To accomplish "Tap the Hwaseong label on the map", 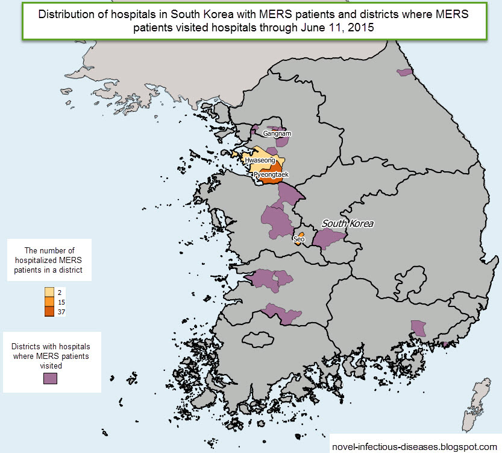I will point(259,160).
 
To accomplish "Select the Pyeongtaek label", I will point(271,174).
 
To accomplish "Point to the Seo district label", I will point(298,239).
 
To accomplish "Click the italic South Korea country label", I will point(348,224).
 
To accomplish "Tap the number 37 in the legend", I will point(62,312).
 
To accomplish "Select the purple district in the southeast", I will point(418,328).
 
